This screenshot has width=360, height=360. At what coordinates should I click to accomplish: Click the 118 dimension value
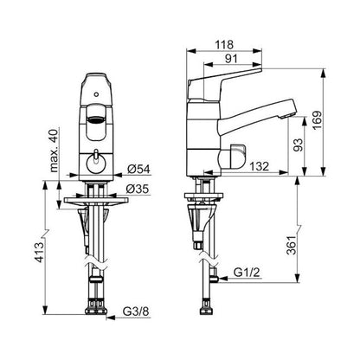[x=224, y=45]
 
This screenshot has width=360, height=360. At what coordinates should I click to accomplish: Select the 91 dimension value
[x=231, y=59]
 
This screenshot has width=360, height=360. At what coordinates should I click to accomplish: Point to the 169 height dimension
[x=317, y=120]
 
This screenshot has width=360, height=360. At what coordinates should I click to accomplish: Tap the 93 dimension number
[x=299, y=145]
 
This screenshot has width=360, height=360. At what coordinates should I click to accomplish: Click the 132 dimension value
[x=260, y=166]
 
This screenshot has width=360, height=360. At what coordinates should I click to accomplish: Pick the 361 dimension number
[x=292, y=245]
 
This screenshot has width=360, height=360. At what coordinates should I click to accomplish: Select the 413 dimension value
[x=39, y=253]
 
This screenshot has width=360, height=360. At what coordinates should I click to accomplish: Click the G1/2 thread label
[x=247, y=272]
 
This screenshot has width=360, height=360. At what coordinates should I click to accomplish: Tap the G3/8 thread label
[x=136, y=312]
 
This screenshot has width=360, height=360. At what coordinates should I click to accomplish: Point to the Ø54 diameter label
[x=138, y=169]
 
